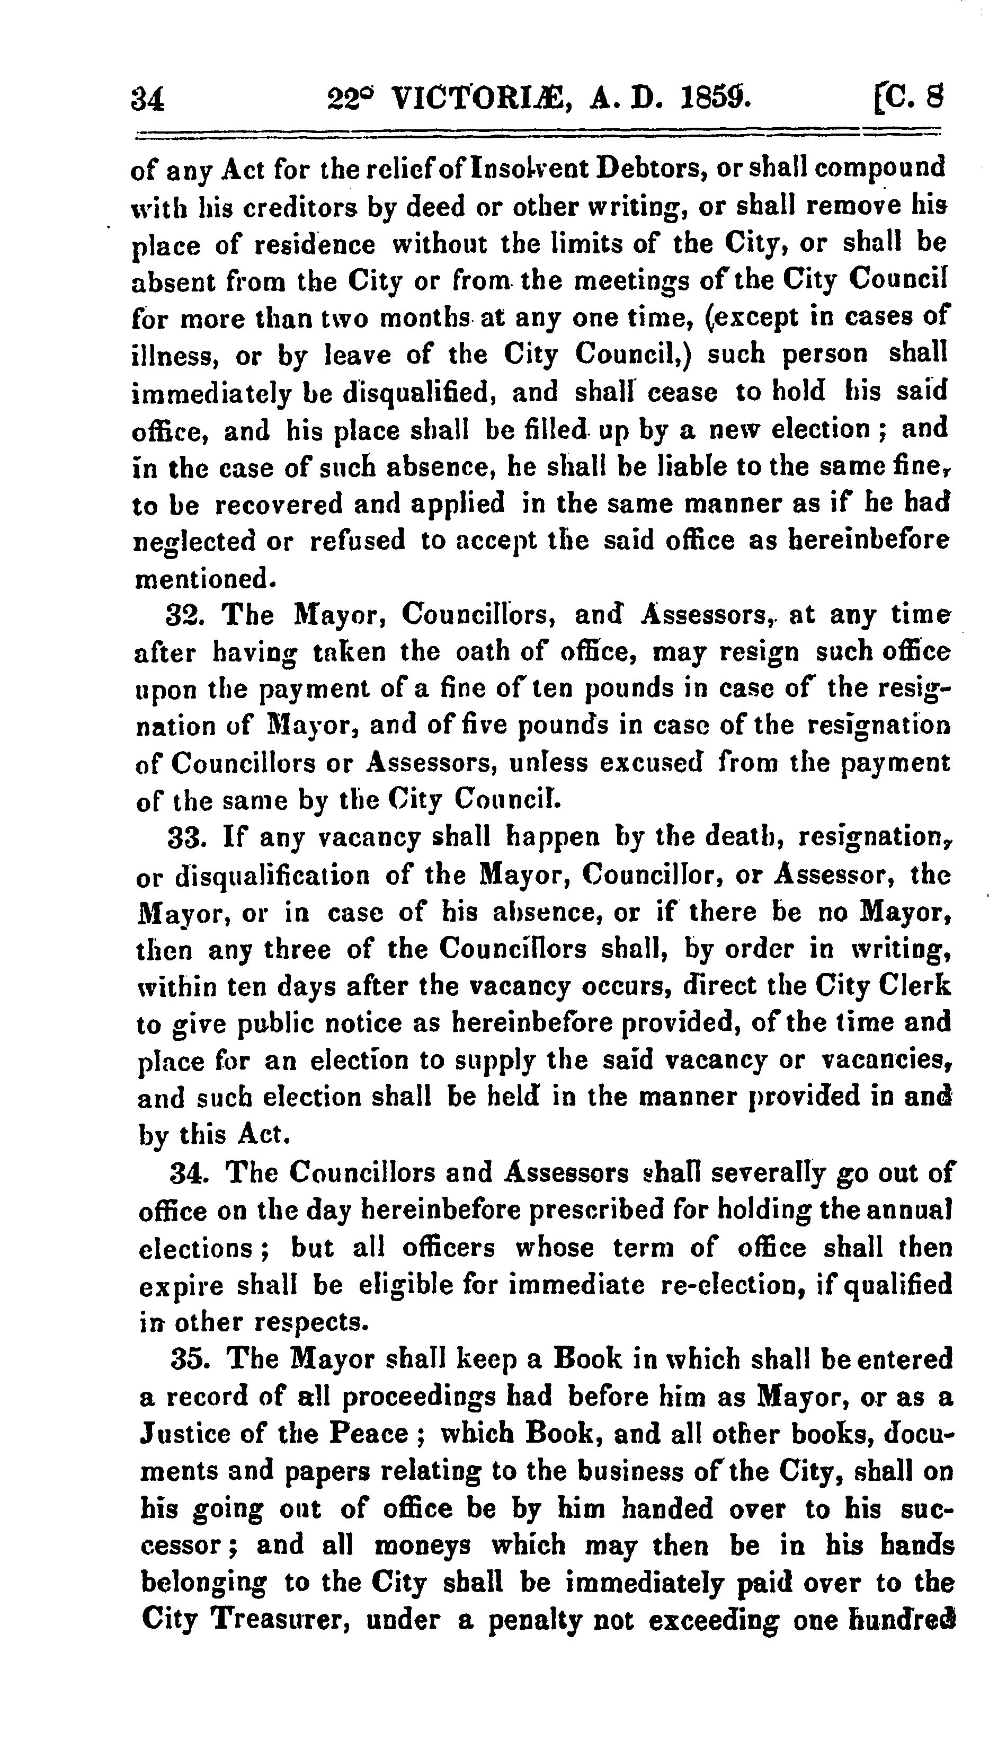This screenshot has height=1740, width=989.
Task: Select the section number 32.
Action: [x=185, y=616]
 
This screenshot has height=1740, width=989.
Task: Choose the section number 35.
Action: [x=189, y=1359]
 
